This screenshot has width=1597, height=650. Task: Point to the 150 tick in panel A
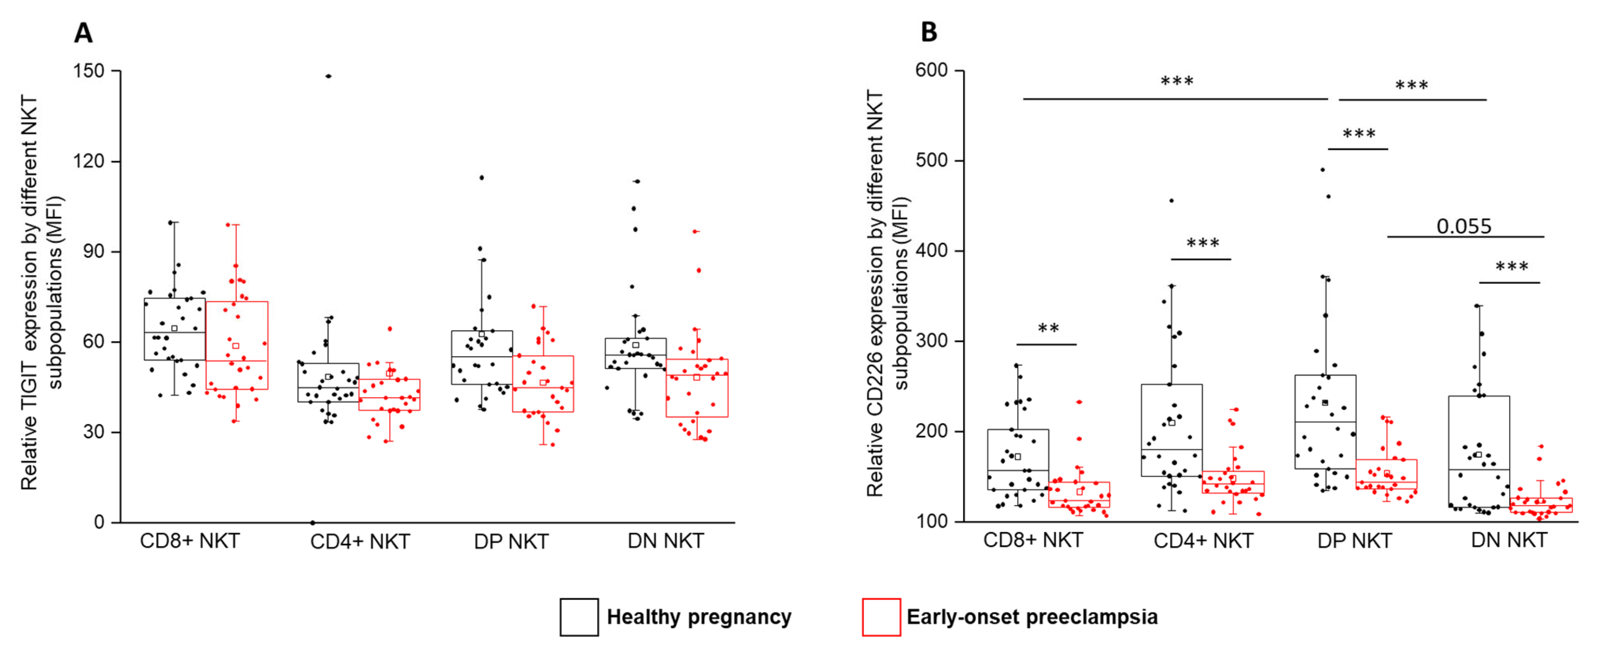click(x=89, y=71)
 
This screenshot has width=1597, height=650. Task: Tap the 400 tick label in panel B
click(x=932, y=251)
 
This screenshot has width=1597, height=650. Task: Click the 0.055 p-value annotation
click(x=1464, y=226)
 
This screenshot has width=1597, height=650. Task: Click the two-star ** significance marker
click(x=1048, y=329)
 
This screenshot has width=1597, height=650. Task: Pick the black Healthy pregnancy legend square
click(x=579, y=617)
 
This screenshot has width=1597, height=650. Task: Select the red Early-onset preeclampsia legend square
click(x=881, y=617)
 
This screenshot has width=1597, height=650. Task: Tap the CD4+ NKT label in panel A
click(x=360, y=542)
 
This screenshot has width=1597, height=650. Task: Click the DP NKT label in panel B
click(x=1354, y=541)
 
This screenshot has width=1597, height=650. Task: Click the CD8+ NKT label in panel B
click(x=1033, y=540)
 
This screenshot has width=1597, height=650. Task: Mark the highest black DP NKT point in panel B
click(x=1322, y=170)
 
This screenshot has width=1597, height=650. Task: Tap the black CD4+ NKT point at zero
click(x=312, y=522)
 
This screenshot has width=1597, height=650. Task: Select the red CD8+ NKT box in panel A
click(x=237, y=345)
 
